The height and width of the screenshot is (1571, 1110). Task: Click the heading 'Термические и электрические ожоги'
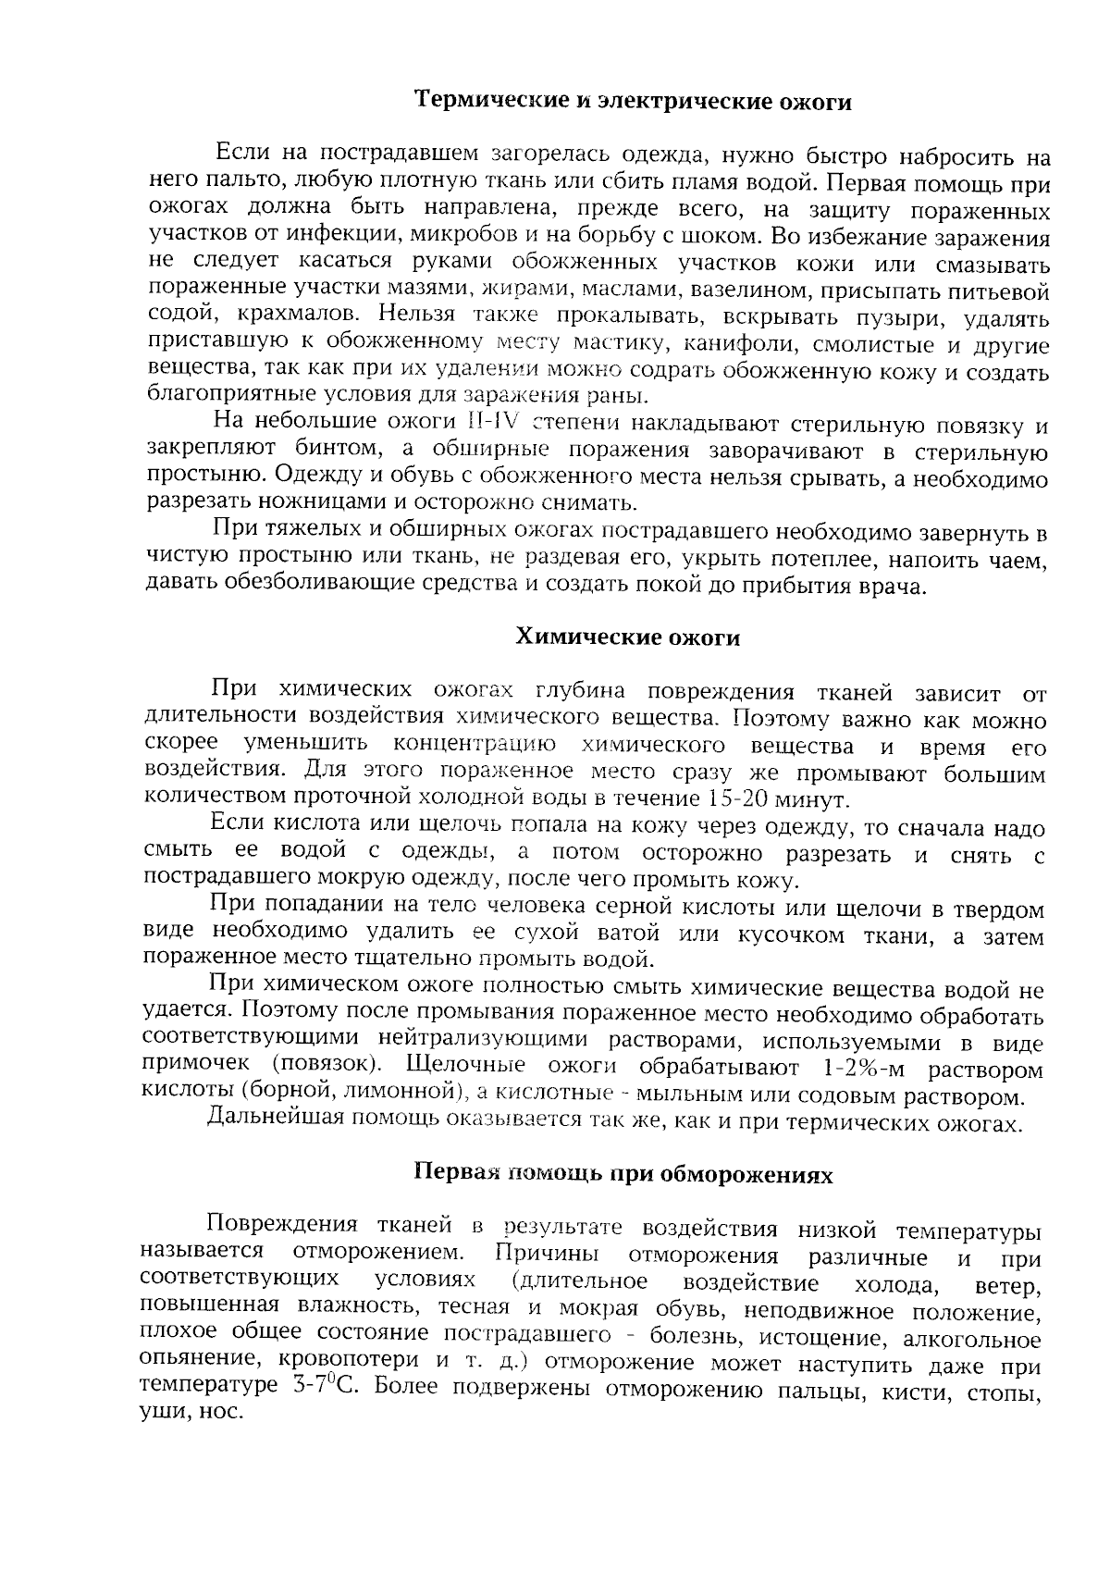pyautogui.click(x=632, y=101)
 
